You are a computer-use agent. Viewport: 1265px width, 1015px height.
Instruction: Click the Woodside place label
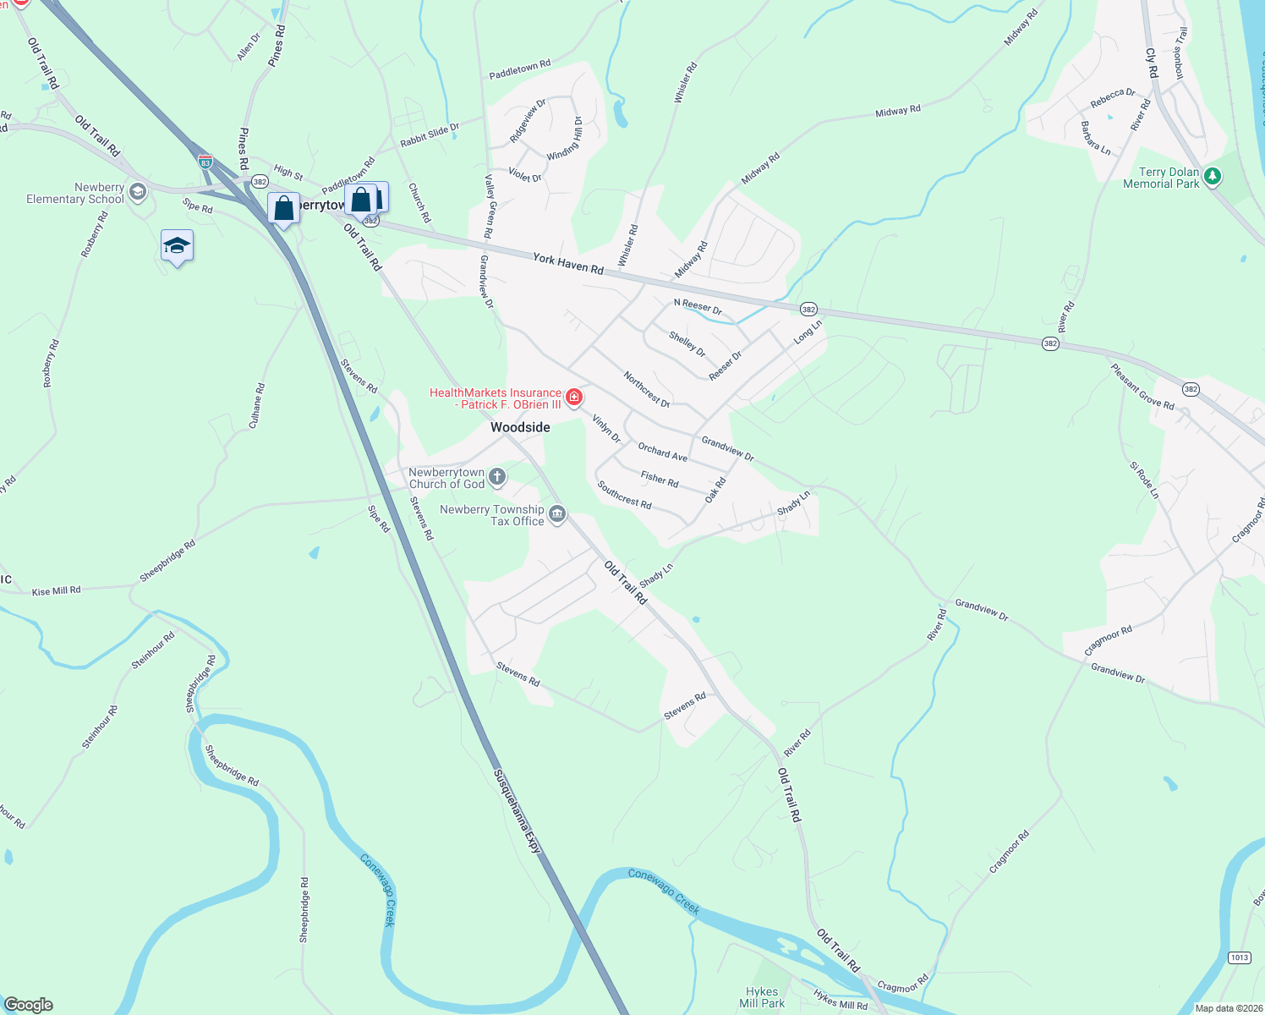point(520,427)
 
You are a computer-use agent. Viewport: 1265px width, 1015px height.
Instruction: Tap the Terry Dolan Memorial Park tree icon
point(1213,177)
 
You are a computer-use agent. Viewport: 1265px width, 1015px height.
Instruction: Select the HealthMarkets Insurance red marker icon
point(574,398)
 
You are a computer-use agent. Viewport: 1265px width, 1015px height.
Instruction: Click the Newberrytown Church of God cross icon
point(497,477)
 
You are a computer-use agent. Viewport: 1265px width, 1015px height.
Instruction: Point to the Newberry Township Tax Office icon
point(557,514)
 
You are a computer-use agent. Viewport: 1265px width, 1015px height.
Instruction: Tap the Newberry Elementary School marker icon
point(138,192)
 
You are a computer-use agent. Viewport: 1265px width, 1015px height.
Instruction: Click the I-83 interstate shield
point(205,161)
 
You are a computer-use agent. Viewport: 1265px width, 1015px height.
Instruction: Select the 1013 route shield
point(1239,957)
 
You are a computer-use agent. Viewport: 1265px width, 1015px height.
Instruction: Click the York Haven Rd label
point(568,264)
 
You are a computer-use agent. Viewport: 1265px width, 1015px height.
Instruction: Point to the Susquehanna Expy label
point(517,809)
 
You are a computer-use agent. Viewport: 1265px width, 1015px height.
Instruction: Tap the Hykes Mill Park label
point(762,997)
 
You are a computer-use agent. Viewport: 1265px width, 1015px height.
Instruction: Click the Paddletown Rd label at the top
point(519,69)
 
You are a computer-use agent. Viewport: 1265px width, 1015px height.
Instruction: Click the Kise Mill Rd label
point(56,591)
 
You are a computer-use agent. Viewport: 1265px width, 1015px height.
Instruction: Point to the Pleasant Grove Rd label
point(1142,387)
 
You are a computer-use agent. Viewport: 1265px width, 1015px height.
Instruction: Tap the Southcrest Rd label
point(624,495)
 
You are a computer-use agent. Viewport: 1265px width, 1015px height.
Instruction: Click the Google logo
point(29,1005)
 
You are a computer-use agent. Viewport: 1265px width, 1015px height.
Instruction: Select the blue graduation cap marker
point(177,246)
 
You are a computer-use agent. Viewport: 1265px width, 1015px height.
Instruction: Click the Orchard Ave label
point(662,452)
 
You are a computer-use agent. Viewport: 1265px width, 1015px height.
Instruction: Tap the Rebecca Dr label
point(1112,98)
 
